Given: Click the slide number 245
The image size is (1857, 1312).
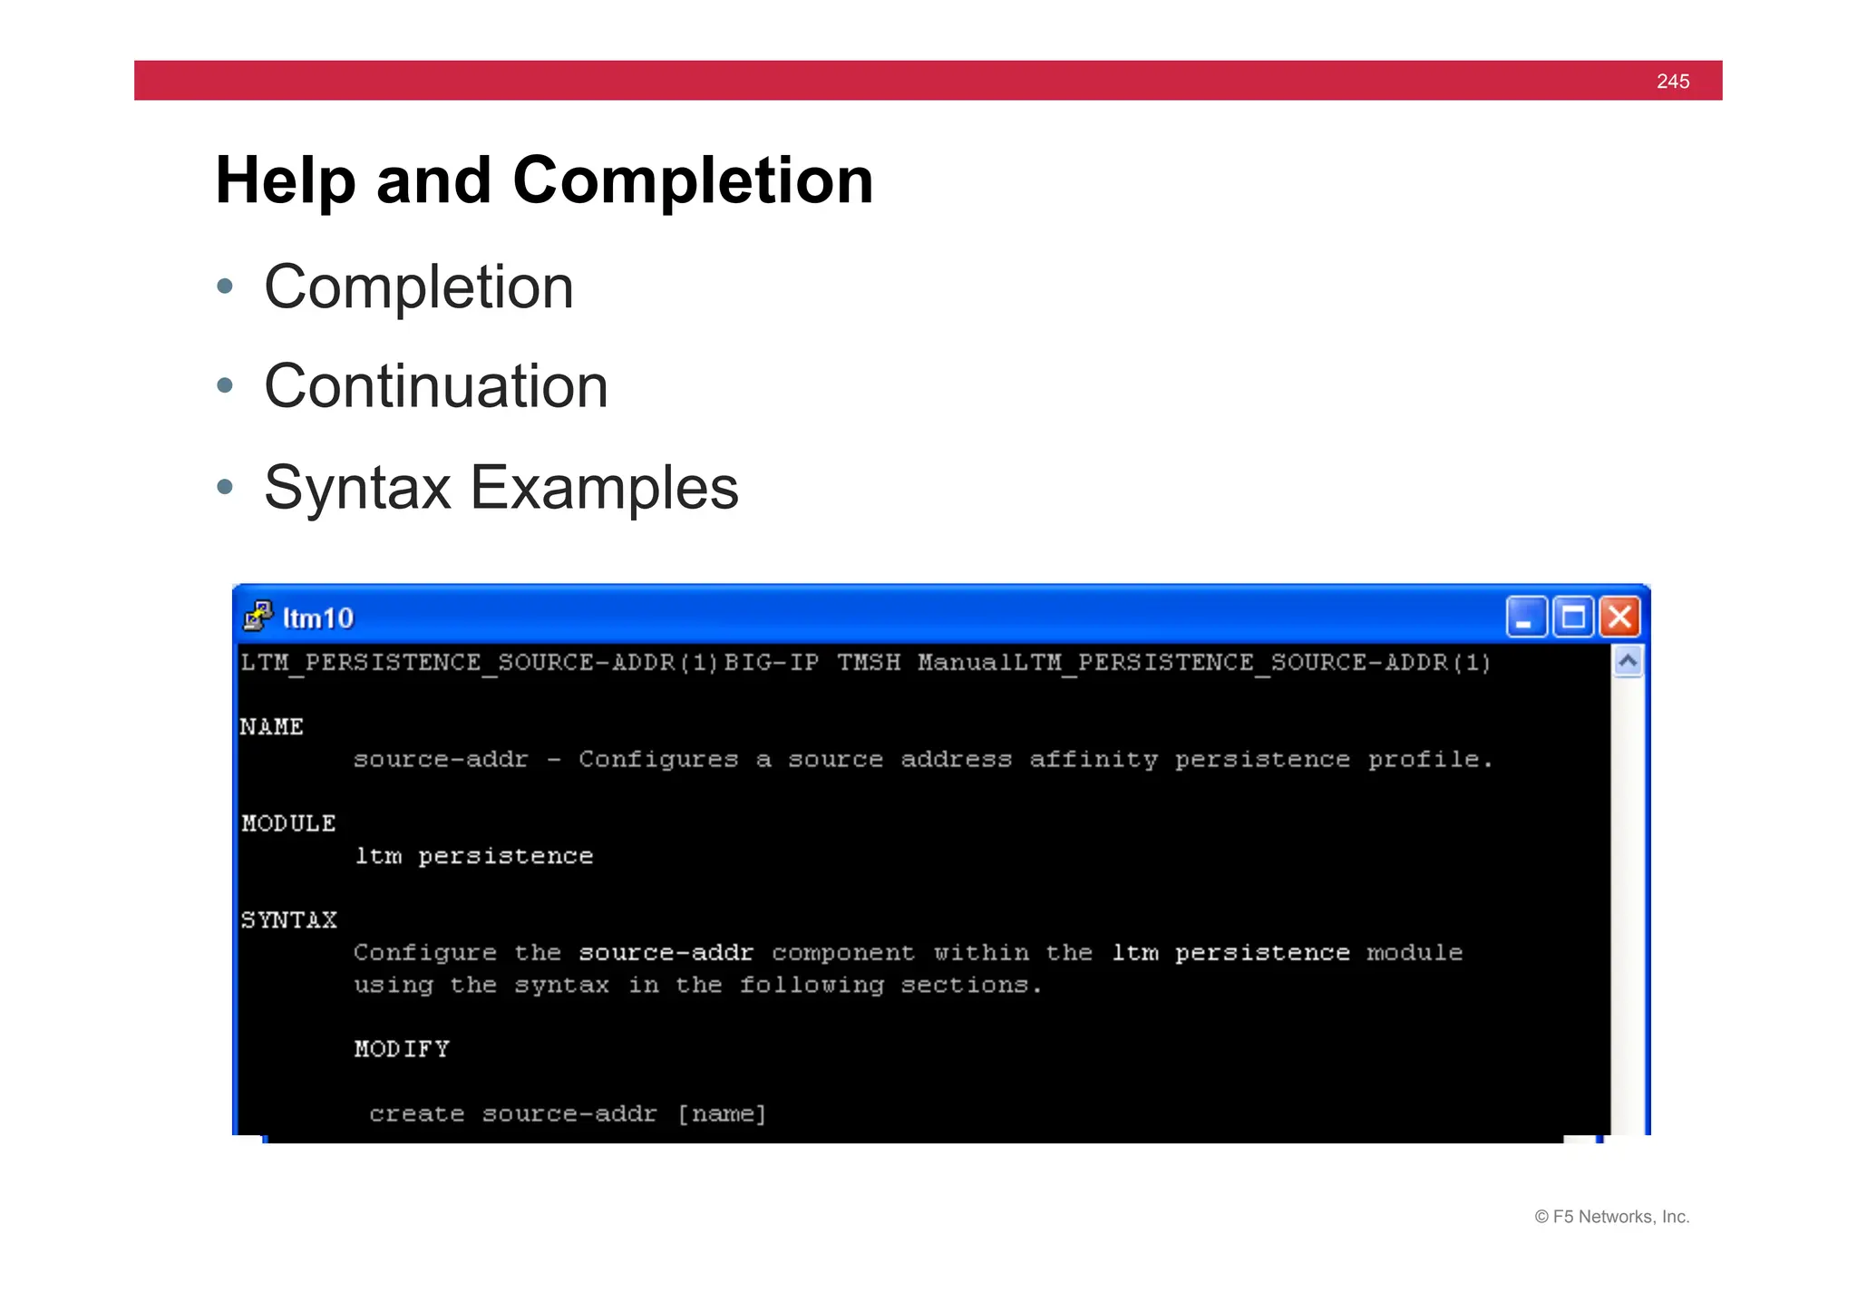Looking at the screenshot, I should click(1672, 82).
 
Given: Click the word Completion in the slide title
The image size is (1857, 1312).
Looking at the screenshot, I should click(692, 180).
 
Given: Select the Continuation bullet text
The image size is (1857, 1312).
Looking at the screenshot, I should click(435, 386).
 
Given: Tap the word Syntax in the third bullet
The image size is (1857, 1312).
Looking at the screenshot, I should click(357, 488).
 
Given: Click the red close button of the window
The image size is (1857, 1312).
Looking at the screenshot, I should click(1619, 617).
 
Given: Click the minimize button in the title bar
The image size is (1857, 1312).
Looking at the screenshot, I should click(1525, 617).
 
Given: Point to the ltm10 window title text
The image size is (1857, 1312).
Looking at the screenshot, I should click(318, 618).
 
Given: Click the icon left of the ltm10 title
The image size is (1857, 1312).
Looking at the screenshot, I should click(258, 617).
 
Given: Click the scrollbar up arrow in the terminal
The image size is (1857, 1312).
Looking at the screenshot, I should click(1628, 662).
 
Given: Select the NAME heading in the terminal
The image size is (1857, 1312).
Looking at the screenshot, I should click(271, 727).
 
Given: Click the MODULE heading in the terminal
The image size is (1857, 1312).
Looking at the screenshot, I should click(288, 823).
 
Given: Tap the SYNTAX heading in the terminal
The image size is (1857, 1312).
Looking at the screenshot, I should click(288, 920).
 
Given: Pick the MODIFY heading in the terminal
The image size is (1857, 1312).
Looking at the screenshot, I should click(402, 1049).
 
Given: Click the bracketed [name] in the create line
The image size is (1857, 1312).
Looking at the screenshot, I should click(722, 1113).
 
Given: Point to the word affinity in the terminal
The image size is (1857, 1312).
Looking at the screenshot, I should click(1093, 759).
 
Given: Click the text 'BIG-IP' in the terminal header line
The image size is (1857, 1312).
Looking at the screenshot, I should click(771, 663).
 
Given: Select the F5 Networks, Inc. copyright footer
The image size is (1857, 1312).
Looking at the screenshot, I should click(1611, 1217).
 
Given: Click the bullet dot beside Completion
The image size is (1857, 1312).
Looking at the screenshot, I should click(226, 287).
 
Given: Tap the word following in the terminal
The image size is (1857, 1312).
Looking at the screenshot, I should click(812, 986).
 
